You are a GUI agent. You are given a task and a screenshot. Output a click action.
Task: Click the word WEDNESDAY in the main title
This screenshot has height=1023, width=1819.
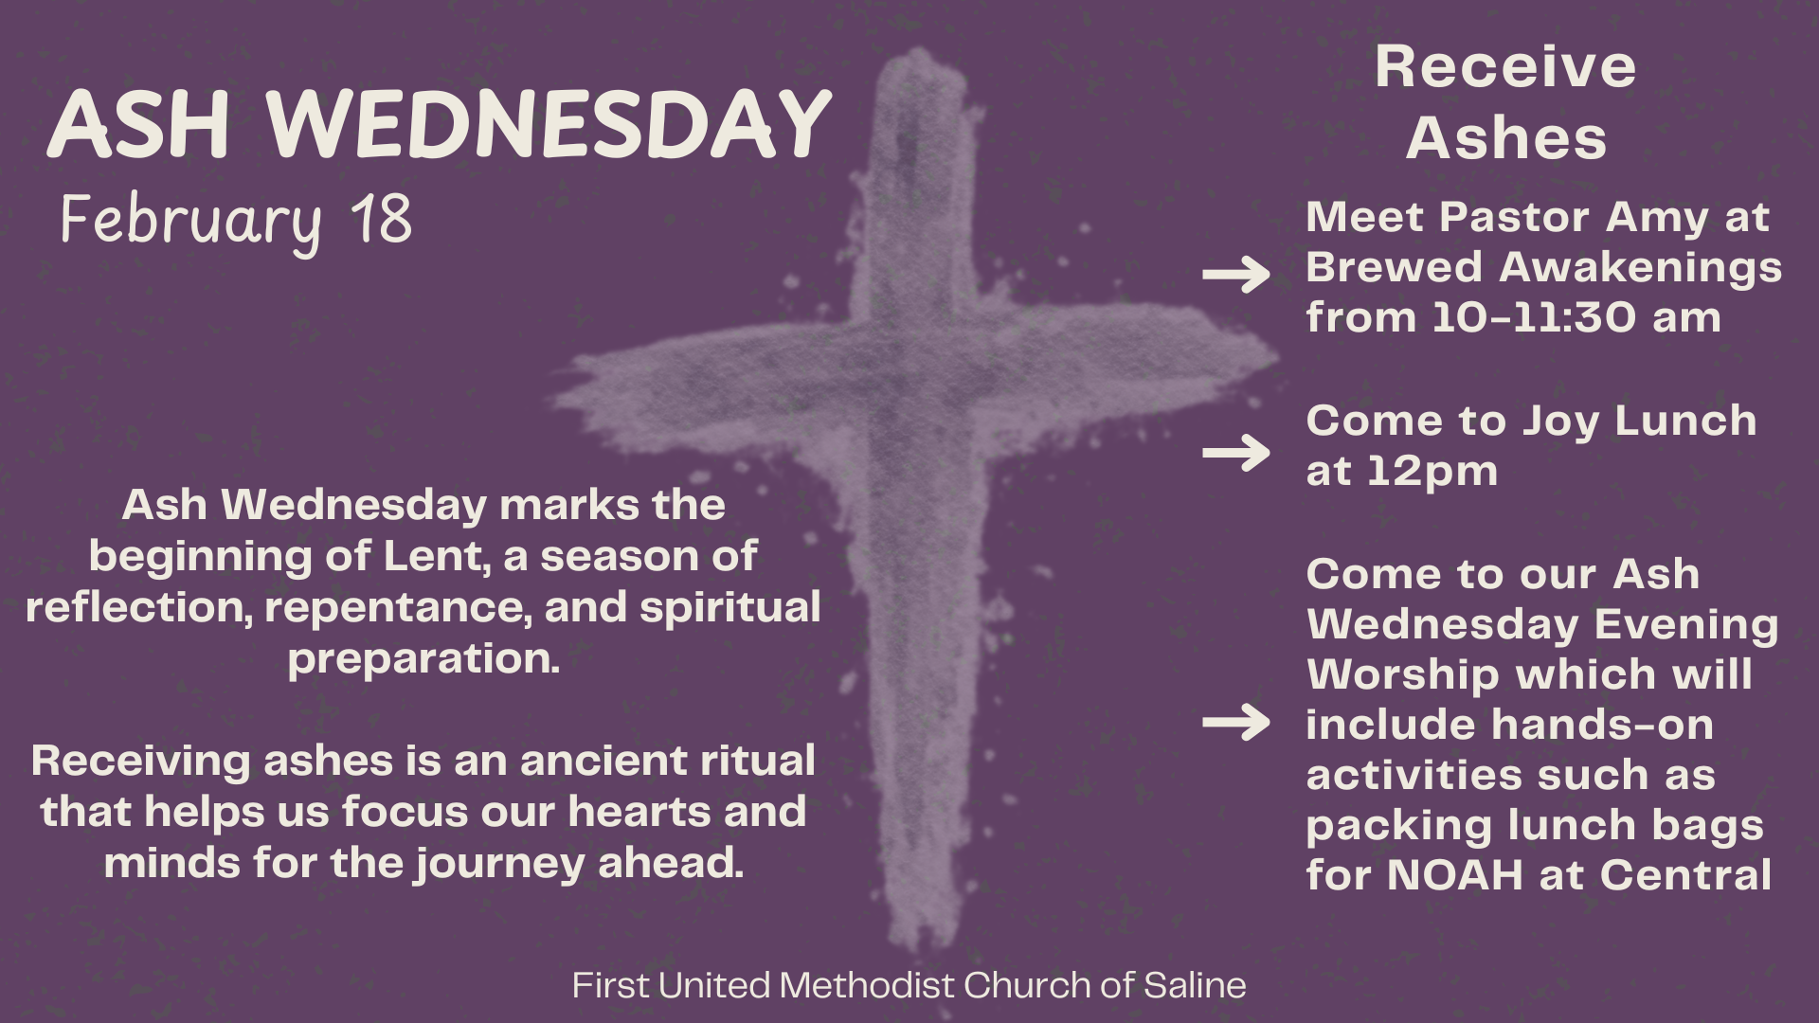pyautogui.click(x=549, y=124)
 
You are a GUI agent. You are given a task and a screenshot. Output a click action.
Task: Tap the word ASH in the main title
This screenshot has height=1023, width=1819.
pyautogui.click(x=139, y=124)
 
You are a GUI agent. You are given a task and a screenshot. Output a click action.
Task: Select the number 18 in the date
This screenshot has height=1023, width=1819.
pyautogui.click(x=382, y=219)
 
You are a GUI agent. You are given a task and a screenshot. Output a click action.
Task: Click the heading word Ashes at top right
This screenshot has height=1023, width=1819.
pyautogui.click(x=1506, y=138)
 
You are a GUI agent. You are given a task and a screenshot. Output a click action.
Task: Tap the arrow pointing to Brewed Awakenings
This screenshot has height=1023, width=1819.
pyautogui.click(x=1236, y=275)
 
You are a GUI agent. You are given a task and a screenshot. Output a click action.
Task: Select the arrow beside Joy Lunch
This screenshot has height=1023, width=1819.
pyautogui.click(x=1236, y=453)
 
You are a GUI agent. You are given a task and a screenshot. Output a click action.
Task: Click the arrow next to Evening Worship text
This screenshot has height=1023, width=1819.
pyautogui.click(x=1236, y=723)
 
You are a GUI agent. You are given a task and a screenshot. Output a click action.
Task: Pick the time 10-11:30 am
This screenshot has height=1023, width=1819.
pyautogui.click(x=1576, y=317)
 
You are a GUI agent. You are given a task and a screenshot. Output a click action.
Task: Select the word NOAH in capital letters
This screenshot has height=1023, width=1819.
pyautogui.click(x=1454, y=875)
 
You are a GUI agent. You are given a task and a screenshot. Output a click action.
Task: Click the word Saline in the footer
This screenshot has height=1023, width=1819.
pyautogui.click(x=1195, y=985)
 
